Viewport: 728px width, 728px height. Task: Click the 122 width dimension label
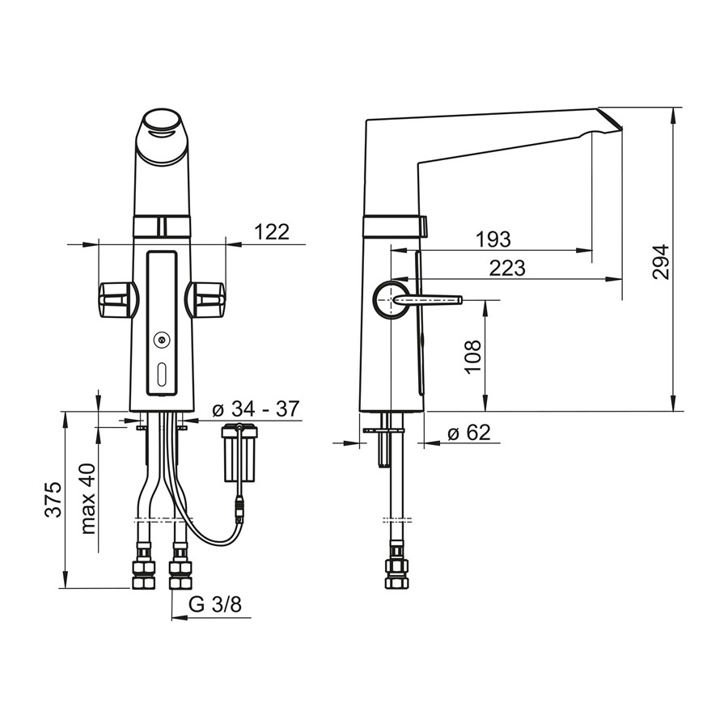point(272,231)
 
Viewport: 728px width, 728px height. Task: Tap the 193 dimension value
point(493,239)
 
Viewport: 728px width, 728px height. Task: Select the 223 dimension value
point(507,268)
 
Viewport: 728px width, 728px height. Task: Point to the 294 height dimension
point(661,261)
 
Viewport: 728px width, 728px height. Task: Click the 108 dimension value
point(472,357)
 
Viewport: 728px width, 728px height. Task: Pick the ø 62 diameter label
point(469,433)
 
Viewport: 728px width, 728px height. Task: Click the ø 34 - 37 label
point(256,409)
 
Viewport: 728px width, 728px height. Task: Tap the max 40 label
point(87,499)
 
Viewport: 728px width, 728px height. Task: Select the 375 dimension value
point(53,500)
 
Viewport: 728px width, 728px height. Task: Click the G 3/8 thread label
point(215,604)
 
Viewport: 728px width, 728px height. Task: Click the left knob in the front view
point(118,299)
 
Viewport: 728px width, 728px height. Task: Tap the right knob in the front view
point(205,299)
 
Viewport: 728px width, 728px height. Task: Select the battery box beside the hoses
point(240,453)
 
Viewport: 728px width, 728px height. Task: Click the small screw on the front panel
point(162,341)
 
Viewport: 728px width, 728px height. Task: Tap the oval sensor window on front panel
point(162,375)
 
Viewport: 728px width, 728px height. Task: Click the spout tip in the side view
point(609,120)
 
